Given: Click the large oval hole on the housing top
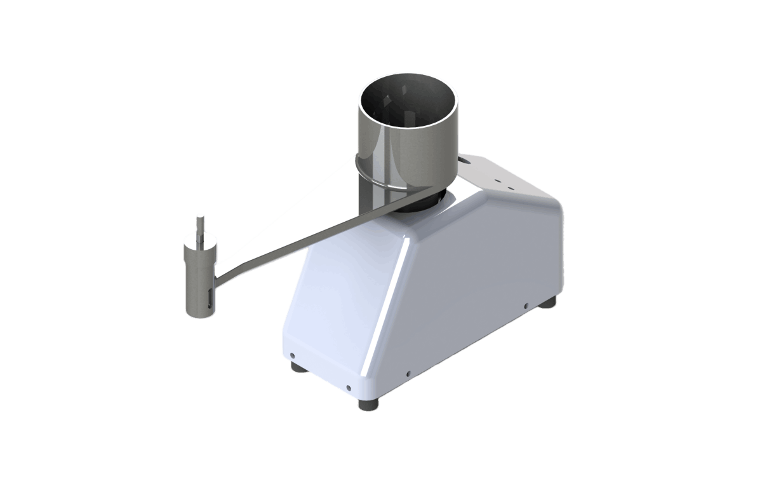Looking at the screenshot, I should click(468, 162).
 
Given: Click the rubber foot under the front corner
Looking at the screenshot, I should click(368, 404).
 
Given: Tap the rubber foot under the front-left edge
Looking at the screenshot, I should click(296, 367).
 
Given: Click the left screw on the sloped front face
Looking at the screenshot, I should click(291, 355).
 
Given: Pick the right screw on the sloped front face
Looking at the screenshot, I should click(349, 386).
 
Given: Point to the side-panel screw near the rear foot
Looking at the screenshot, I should click(526, 306).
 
